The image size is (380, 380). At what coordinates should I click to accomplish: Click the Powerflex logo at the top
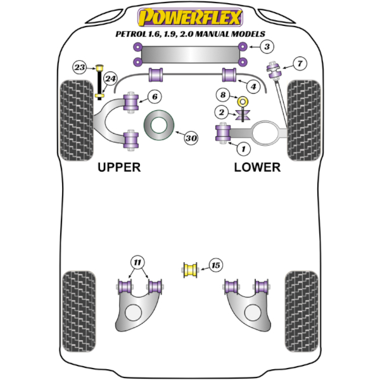point(189,16)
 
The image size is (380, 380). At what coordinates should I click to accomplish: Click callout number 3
point(267,46)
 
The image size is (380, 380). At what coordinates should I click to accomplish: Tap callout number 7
point(299,63)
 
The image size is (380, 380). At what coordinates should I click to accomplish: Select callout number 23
point(80,67)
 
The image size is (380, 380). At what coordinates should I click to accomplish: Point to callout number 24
point(111,79)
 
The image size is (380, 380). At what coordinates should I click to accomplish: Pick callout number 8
point(222,96)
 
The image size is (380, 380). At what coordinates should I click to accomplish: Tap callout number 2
point(222,113)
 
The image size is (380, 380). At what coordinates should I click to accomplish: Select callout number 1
point(241,148)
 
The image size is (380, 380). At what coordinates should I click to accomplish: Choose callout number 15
point(216,266)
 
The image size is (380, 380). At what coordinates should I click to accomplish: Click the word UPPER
point(119,167)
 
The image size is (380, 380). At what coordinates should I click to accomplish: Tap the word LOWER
point(257,167)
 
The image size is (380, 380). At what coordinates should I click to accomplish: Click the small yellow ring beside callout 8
point(242,101)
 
